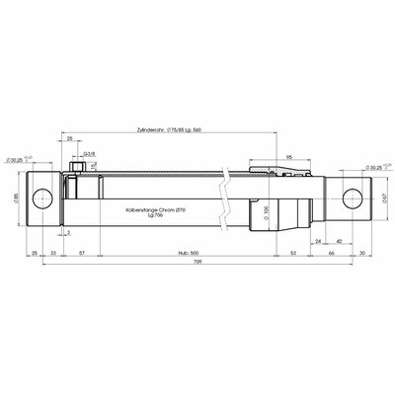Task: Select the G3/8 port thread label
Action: tap(89, 155)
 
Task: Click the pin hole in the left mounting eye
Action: tap(43, 200)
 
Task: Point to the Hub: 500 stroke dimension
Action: tap(191, 254)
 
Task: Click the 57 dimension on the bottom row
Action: tap(81, 254)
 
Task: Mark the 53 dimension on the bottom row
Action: tap(293, 254)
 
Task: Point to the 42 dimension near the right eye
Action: tap(339, 241)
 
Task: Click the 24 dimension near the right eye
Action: tap(319, 241)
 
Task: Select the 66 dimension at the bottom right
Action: tap(332, 254)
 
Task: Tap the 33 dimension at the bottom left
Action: tap(52, 254)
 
